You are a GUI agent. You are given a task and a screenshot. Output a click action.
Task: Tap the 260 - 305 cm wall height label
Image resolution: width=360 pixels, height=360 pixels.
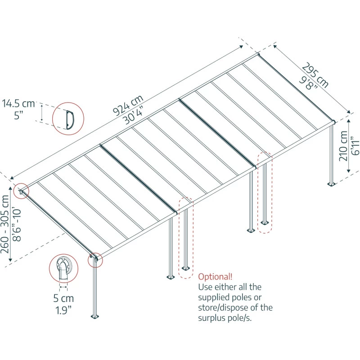[x=5, y=224]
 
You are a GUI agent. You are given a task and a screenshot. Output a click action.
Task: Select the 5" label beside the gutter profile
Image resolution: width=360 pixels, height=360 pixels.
[x=18, y=115]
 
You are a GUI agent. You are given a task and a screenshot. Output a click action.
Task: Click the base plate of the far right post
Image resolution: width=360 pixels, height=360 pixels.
[x=332, y=184]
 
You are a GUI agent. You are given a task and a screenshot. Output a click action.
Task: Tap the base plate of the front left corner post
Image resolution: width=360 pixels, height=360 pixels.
[x=95, y=317]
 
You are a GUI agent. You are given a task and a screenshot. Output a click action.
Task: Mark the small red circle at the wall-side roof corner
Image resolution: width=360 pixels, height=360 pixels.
[x=21, y=191]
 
